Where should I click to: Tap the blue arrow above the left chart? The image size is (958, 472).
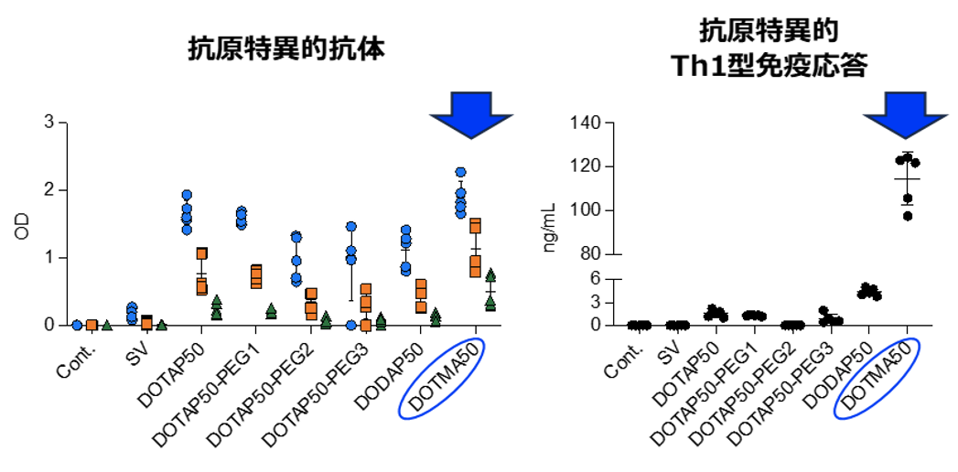coord(471,113)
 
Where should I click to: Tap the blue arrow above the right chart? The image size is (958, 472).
coord(907,113)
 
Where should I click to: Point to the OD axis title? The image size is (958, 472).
coord(23,225)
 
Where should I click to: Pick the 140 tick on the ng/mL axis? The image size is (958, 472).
coord(597,123)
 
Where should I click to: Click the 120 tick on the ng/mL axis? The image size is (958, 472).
coord(597,166)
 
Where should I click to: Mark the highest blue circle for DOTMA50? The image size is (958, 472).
coord(461,172)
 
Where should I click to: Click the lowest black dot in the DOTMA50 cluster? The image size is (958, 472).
coord(907,216)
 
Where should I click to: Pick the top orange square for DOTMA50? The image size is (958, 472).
coord(475,225)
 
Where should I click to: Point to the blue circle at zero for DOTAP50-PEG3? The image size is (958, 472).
coord(350,325)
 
